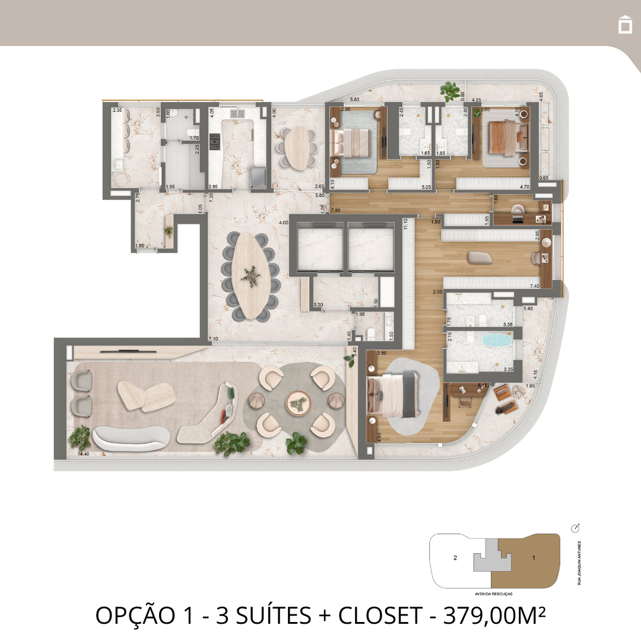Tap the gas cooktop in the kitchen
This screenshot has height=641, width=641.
215,141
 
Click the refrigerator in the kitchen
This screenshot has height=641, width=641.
259,176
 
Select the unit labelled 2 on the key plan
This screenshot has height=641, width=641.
455,557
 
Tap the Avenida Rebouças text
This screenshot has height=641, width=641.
494,593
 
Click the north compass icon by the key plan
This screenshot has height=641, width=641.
575,528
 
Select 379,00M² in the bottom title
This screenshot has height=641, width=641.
489,616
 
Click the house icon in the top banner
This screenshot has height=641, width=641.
624,25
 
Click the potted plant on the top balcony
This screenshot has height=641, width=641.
450,91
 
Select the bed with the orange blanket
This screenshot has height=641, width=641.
504,138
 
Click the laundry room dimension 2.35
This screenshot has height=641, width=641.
118,110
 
